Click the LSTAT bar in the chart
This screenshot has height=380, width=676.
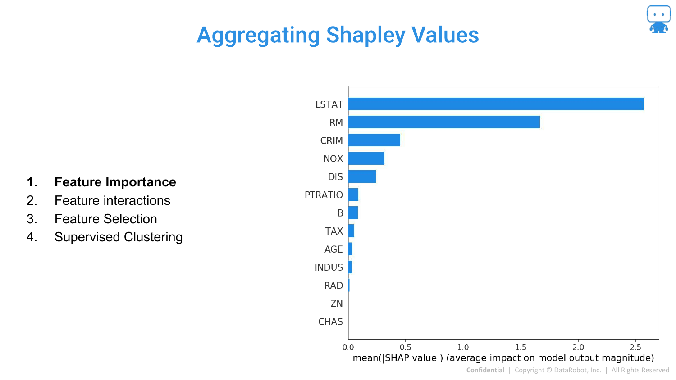pos(496,104)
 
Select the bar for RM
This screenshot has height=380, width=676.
pos(444,122)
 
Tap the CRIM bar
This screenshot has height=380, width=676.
pos(374,140)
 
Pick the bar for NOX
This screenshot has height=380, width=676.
pos(366,158)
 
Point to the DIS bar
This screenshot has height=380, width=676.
pos(362,176)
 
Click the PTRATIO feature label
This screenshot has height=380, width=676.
pos(324,195)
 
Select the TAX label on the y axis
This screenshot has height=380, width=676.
pos(334,231)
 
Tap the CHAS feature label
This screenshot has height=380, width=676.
pos(330,321)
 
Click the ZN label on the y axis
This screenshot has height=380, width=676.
pos(337,303)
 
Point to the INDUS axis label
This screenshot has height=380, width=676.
pos(329,267)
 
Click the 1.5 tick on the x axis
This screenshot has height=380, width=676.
pos(521,347)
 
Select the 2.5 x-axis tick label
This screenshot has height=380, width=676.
pos(635,347)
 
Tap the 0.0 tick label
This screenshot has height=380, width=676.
pos(348,347)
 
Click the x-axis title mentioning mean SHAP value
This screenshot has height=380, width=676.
pos(503,358)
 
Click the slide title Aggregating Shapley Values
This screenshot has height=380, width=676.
pos(338,35)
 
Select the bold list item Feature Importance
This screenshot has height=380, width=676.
pos(115,182)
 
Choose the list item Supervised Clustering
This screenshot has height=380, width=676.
pos(119,237)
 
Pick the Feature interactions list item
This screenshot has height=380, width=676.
pos(112,200)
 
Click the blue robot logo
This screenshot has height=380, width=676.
pos(658,19)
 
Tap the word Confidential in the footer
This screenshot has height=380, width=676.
pos(485,370)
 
